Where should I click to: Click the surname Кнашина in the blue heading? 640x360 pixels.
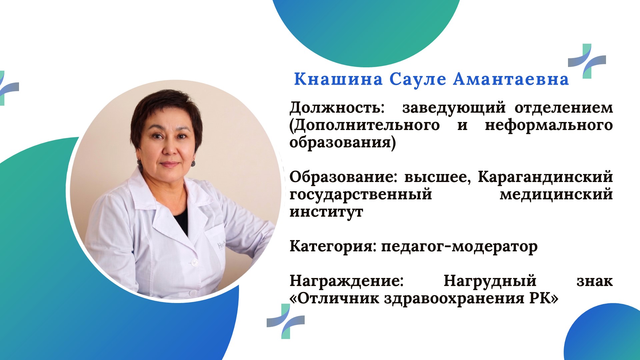pos(338,79)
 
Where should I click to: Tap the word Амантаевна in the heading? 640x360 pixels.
pos(511,79)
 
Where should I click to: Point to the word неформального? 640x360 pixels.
pos(549,126)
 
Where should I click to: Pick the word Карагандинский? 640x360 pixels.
pos(545,177)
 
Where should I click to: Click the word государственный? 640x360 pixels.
pos(361,195)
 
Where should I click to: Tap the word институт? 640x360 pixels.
pos(326,212)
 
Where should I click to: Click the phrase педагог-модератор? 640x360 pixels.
pos(459,247)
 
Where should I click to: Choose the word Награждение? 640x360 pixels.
pos(347,281)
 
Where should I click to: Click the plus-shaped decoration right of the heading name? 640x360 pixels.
pos(587,61)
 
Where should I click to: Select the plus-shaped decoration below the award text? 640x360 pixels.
pos(286,321)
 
